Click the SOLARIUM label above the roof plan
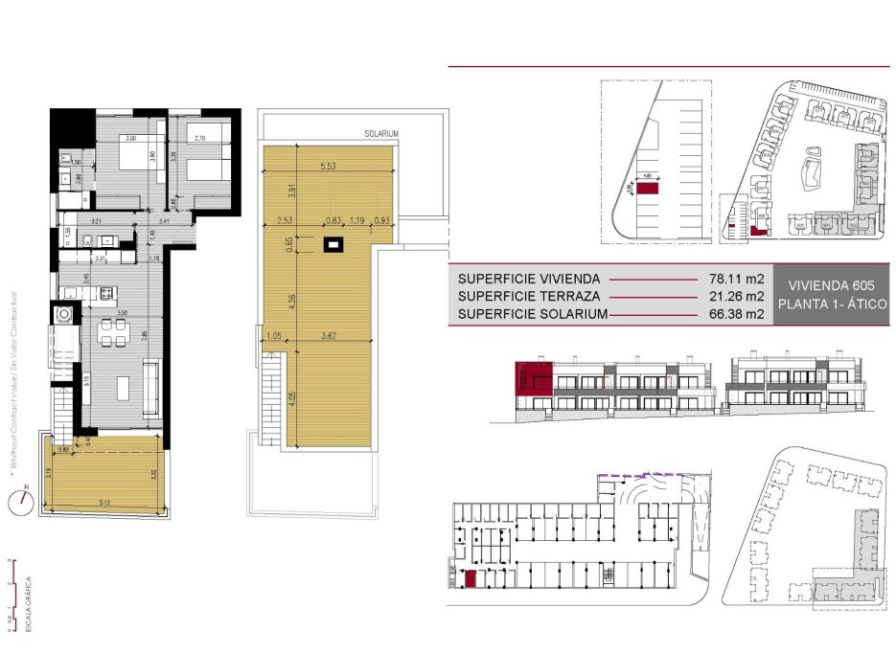click(x=380, y=134)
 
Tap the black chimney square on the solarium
click(x=333, y=245)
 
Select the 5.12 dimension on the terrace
click(x=104, y=500)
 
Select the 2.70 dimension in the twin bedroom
click(x=200, y=139)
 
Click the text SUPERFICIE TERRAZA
click(x=529, y=296)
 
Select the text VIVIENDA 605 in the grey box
click(x=831, y=285)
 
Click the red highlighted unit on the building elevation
click(x=533, y=377)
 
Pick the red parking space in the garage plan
click(x=471, y=577)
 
